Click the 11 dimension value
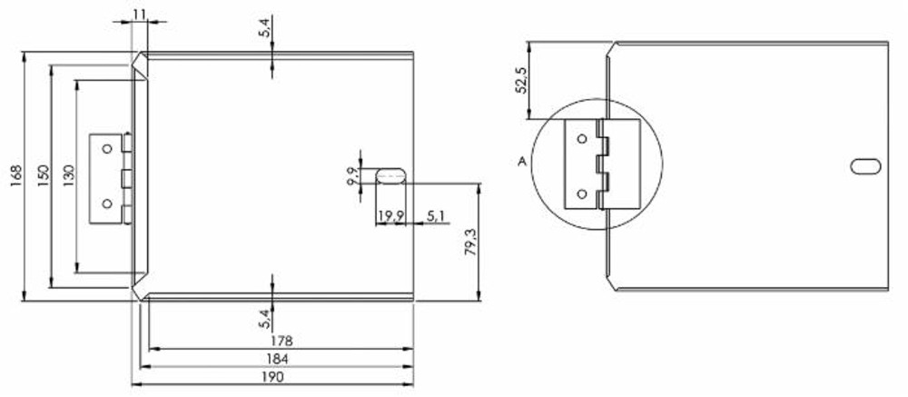coord(138,13)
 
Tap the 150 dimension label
coord(43,174)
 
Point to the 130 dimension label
coord(70,174)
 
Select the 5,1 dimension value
coord(435,216)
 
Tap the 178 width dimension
coord(281,340)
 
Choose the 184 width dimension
coord(281,360)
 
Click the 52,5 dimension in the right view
coord(520,80)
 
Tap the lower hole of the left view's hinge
coord(107,203)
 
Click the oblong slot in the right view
coord(865,165)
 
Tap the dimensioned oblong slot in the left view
coord(391,175)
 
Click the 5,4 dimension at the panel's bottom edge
coord(264,317)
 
